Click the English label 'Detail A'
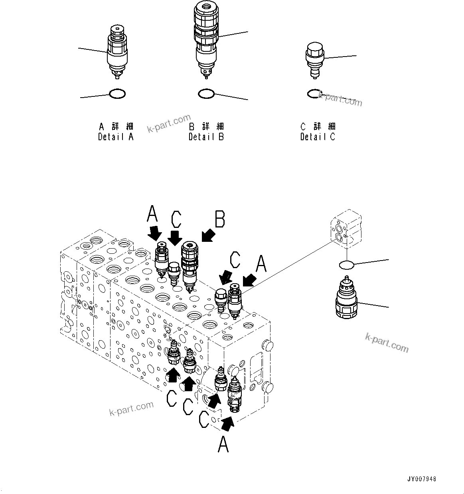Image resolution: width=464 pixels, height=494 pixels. [x=116, y=137]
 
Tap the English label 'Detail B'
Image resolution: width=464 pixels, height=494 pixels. [x=206, y=137]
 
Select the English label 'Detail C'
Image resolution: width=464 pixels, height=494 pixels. [x=318, y=137]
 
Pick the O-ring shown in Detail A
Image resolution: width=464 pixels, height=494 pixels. [x=117, y=94]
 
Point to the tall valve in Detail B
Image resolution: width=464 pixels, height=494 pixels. [x=206, y=38]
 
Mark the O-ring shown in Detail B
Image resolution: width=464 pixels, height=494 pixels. [x=206, y=94]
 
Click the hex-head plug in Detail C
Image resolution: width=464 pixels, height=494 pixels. [x=315, y=59]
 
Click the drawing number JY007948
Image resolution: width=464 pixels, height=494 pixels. [x=422, y=479]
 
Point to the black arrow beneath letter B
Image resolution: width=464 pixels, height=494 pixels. [x=208, y=235]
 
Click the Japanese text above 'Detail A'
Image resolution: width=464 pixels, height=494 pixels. [x=116, y=127]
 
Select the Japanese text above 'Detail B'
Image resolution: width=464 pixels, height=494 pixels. [x=206, y=127]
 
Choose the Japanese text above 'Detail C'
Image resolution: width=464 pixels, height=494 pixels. [x=318, y=127]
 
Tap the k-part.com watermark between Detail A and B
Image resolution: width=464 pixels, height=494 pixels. [x=169, y=123]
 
